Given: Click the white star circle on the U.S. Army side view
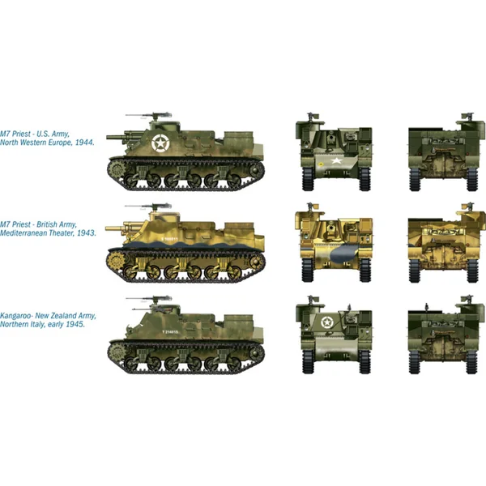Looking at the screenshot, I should coord(160,145).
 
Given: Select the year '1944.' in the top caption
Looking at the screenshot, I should coord(84,142).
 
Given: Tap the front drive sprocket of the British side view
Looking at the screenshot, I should coord(113,261).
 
